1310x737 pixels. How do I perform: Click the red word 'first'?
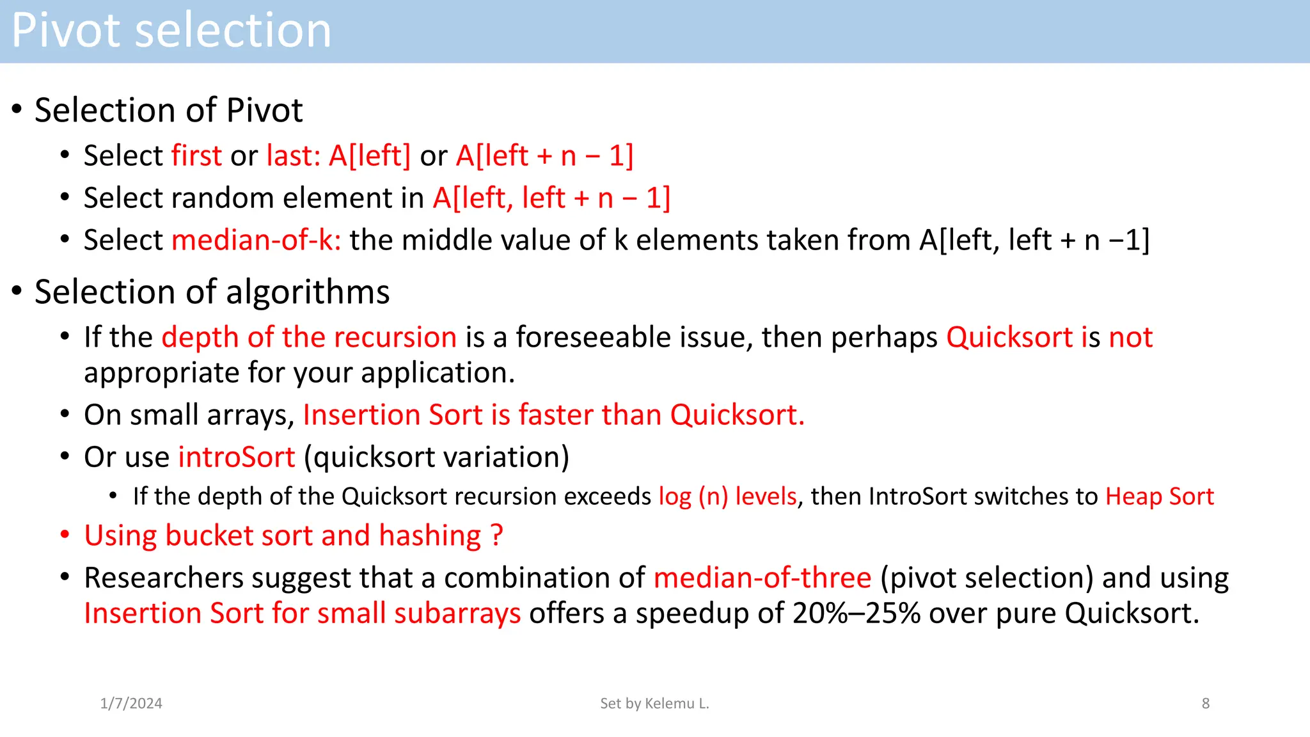tap(196, 155)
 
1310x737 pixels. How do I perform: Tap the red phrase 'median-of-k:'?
tap(256, 240)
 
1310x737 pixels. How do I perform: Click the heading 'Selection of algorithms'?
tap(212, 292)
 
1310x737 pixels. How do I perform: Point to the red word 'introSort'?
tap(236, 457)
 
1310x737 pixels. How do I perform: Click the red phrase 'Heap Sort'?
tap(1159, 496)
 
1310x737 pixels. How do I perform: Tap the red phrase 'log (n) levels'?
tap(727, 496)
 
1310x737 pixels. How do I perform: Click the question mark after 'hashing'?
tap(497, 535)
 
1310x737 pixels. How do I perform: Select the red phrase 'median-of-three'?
tap(762, 578)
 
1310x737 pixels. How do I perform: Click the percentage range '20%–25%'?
tap(856, 614)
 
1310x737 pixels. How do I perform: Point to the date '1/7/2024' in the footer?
tap(131, 703)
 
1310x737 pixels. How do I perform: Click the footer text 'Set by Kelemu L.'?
tap(654, 703)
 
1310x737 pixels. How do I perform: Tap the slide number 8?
tap(1205, 703)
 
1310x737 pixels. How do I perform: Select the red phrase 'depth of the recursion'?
tap(309, 337)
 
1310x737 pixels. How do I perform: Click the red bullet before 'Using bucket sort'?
tap(65, 535)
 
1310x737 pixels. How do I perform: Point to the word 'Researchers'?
tap(164, 578)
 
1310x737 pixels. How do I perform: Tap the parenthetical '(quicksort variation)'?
tap(436, 457)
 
